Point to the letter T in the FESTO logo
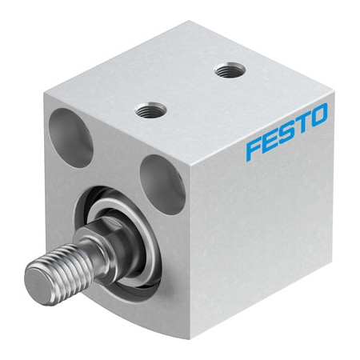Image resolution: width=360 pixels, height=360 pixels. click(305, 125)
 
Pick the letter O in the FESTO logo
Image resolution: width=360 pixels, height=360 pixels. click(319, 117)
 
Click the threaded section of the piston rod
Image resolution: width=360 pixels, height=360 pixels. click(64, 266)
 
